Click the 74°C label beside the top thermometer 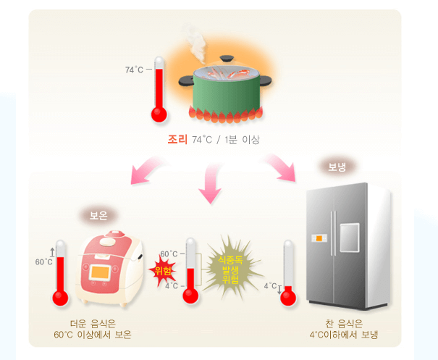(134, 70)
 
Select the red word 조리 (177, 139)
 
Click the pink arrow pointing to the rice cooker (148, 170)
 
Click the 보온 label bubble (98, 215)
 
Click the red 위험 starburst (164, 272)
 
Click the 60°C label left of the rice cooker (43, 261)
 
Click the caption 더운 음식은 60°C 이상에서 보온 (93, 330)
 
